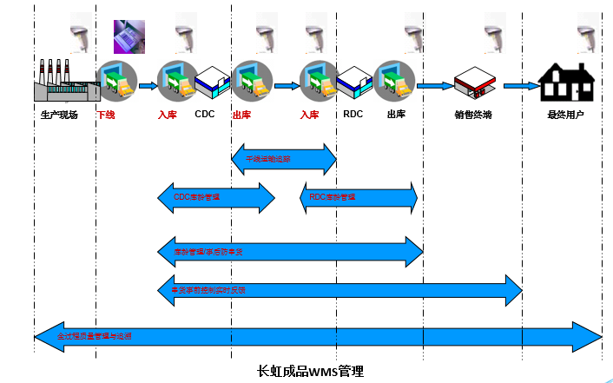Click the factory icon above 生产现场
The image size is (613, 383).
click(58, 82)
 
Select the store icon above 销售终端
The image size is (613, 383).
click(473, 85)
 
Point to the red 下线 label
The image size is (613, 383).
click(105, 115)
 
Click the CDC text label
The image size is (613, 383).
click(205, 114)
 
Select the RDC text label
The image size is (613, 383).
click(353, 114)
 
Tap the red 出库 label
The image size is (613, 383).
click(242, 115)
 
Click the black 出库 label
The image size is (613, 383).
click(396, 114)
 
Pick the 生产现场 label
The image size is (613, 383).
click(59, 115)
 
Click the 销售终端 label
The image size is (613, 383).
click(472, 115)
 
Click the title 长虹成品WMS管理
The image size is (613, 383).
click(311, 371)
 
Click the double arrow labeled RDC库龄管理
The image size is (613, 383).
click(359, 198)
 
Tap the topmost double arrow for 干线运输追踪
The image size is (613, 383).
click(284, 159)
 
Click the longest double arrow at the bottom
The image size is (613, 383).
click(318, 335)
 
